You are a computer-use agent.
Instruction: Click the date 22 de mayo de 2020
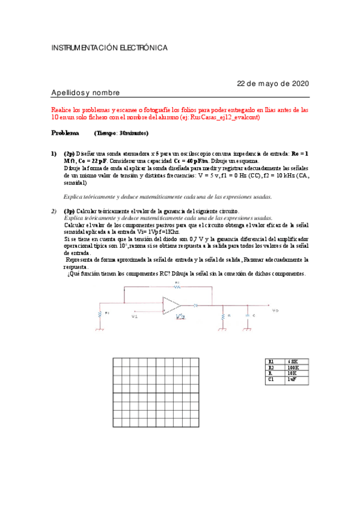273,83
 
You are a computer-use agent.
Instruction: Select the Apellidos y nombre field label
85,93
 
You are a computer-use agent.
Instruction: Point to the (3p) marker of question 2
70,211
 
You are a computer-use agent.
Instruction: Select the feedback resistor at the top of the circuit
177,287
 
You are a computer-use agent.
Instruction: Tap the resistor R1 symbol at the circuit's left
99,313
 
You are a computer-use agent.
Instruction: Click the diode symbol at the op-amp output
197,306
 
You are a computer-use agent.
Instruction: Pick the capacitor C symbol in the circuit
247,315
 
